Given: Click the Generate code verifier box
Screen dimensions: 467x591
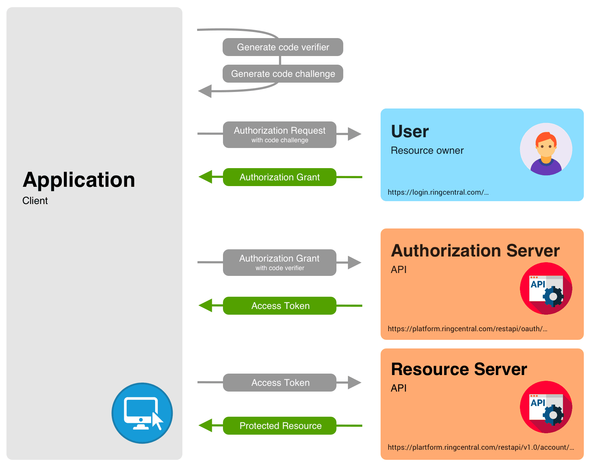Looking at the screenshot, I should tap(283, 47).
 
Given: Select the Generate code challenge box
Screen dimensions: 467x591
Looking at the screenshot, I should tap(283, 74).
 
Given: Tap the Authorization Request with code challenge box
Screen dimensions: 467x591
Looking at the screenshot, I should tap(279, 135).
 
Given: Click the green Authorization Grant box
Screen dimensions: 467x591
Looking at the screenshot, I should tap(279, 177).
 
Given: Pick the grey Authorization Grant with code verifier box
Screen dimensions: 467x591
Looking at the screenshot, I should tap(279, 263).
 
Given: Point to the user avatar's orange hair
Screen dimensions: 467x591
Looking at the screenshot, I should tap(546, 138).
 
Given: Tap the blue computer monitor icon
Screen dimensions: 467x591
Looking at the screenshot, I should tap(142, 413).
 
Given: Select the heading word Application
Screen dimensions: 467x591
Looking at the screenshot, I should tap(79, 180).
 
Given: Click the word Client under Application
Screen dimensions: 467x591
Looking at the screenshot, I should tap(35, 200).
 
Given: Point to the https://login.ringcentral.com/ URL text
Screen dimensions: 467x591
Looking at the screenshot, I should tap(438, 192).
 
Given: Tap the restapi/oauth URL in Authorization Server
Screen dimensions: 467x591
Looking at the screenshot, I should tap(467, 329).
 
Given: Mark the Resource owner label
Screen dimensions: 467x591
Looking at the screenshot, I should tap(427, 151).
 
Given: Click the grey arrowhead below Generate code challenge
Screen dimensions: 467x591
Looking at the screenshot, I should tap(205, 91).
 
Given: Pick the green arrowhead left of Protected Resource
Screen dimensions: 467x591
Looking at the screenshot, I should tap(206, 426).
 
